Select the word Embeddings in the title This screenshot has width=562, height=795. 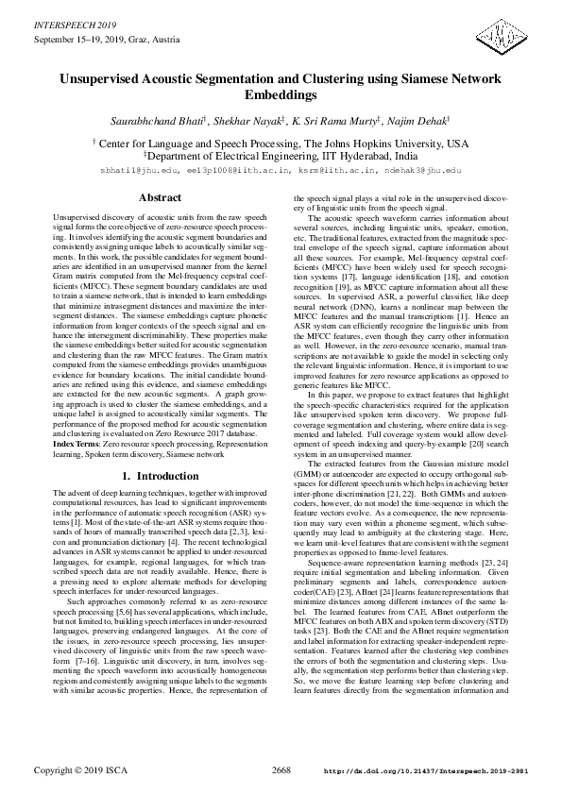pyautogui.click(x=281, y=95)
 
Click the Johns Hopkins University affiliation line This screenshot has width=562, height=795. pyautogui.click(x=281, y=144)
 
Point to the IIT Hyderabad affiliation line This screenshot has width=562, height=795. pyautogui.click(x=281, y=157)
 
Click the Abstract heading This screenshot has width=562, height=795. pyautogui.click(x=160, y=198)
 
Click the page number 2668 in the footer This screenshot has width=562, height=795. pyautogui.click(x=281, y=770)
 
